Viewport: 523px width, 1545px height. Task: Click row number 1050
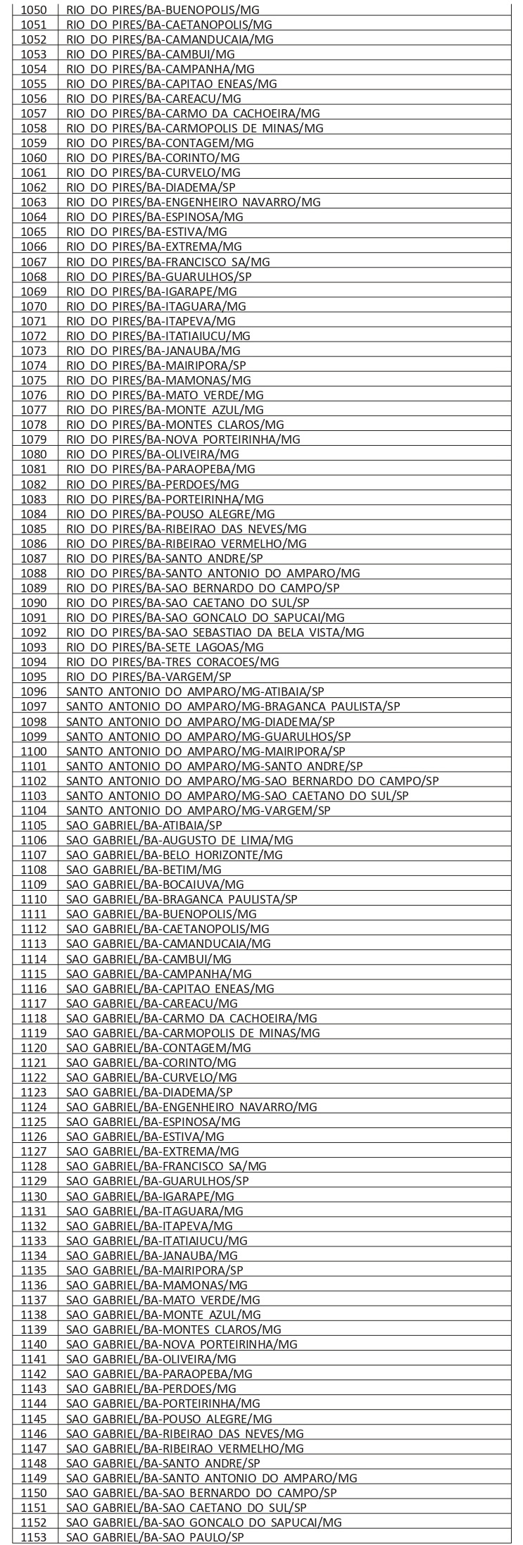tap(34, 9)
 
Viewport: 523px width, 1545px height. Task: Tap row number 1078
tap(34, 425)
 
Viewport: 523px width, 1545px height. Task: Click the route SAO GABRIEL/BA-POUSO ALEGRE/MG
tap(169, 1418)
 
